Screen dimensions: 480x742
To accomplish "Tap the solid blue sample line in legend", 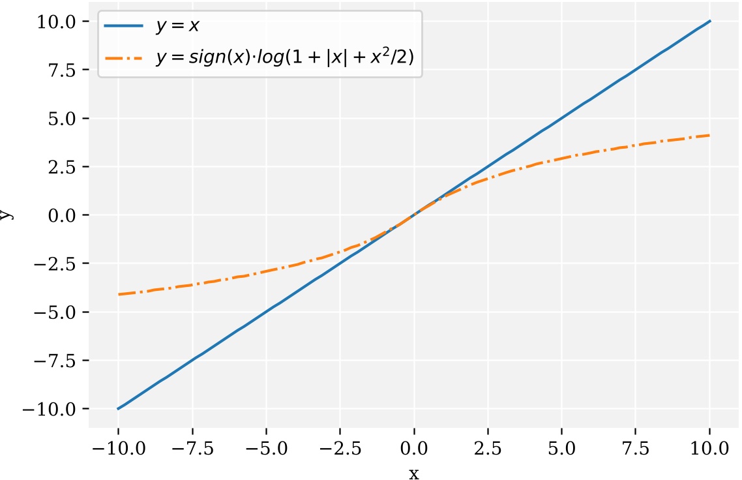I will click(124, 27).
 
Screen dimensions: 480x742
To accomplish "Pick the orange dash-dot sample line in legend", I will click(124, 57).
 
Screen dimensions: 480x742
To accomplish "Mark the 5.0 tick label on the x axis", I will click(562, 449).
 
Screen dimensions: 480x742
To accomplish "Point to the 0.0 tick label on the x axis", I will click(414, 449).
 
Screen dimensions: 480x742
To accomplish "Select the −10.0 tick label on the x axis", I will click(118, 449).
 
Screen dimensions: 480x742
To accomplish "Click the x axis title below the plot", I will click(414, 472).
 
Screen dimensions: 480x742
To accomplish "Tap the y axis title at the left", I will click(7, 215).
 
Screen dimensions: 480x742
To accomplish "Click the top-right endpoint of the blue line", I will click(710, 21).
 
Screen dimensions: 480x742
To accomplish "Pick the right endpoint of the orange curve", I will click(710, 136).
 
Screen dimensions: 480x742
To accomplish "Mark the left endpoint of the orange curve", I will click(118, 295).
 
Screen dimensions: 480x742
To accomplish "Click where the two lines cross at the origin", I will click(414, 215).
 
